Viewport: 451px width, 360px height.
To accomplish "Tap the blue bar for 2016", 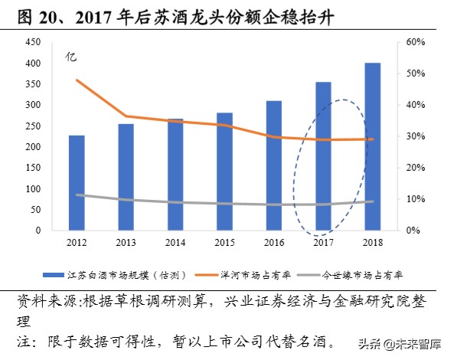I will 274,165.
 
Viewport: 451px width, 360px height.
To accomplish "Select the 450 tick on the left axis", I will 33,42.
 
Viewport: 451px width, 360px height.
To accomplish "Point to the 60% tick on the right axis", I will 414,42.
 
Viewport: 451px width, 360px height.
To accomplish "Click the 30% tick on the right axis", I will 414,136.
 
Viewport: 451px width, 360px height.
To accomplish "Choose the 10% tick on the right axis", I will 414,199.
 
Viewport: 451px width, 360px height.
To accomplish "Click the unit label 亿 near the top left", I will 70,57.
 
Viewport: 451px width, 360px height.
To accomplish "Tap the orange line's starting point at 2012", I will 77,80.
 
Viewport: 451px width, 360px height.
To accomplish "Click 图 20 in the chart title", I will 31,14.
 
